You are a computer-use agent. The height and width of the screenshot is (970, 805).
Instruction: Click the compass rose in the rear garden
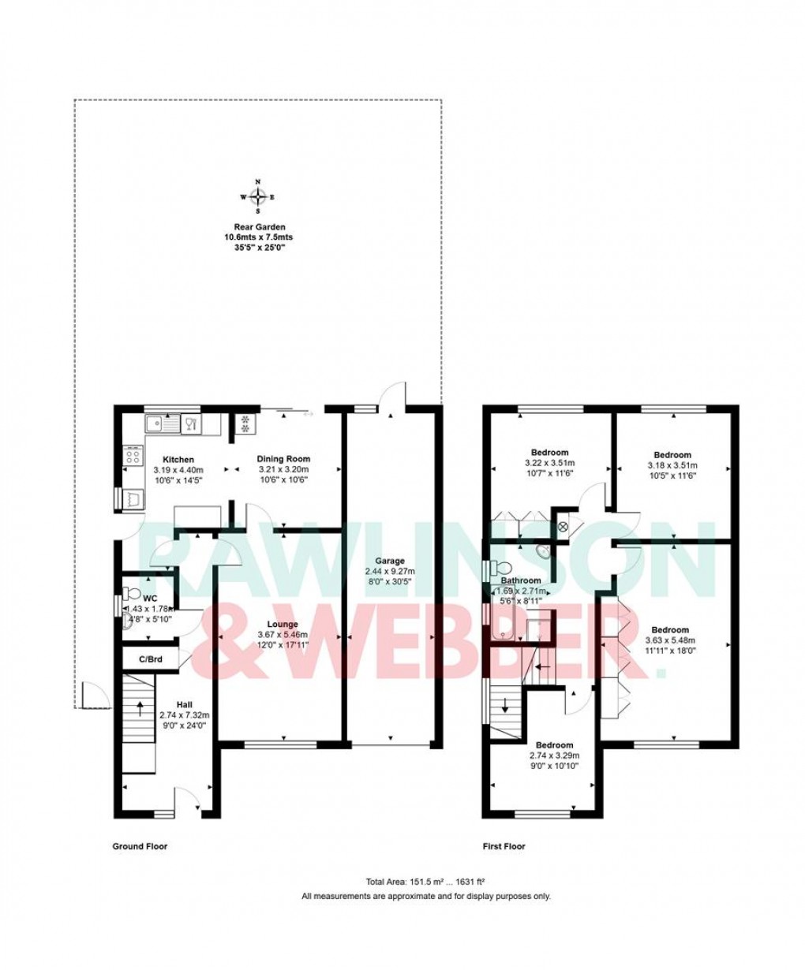click(258, 197)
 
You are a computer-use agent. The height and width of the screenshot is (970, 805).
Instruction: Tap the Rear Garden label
click(258, 226)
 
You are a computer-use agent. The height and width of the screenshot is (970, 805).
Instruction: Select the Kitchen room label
click(178, 459)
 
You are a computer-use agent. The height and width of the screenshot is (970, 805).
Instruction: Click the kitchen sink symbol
click(167, 424)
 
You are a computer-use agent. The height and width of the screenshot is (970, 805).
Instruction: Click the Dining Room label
click(284, 458)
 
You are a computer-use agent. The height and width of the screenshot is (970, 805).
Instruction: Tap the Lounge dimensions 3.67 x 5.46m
click(282, 634)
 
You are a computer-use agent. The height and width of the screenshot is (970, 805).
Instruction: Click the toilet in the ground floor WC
click(130, 593)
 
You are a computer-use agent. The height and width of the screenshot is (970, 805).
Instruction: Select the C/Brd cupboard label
click(149, 658)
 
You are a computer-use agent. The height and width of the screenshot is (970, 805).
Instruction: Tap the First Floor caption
click(504, 846)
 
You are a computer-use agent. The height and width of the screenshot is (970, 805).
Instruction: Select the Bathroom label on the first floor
click(520, 580)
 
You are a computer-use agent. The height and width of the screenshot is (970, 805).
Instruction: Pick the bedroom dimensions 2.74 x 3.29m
click(554, 755)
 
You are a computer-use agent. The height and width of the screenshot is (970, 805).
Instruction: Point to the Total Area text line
click(425, 882)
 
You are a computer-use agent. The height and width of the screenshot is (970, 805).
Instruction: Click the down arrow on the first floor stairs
click(504, 703)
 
